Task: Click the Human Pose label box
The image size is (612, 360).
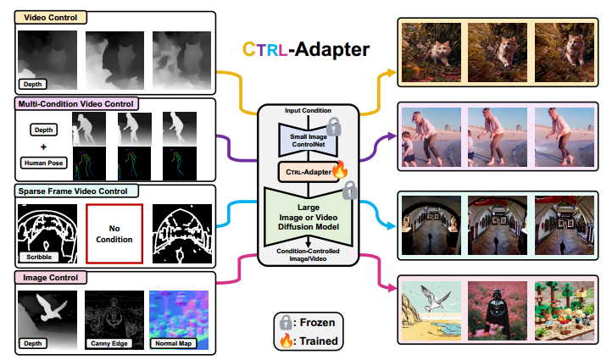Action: point(42,161)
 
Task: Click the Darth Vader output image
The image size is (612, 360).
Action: point(494,312)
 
